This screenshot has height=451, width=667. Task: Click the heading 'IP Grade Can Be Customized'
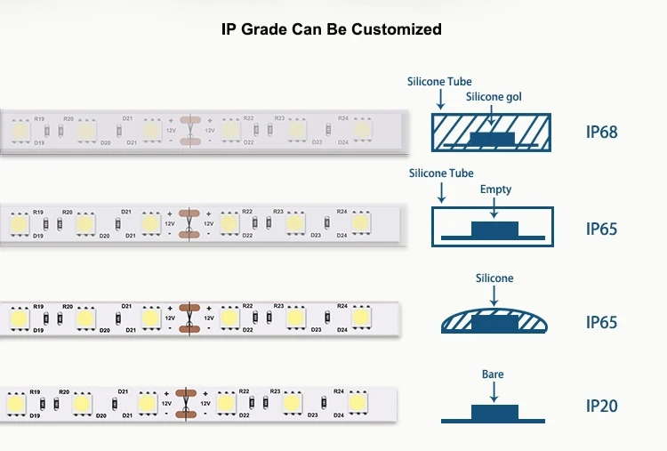[332, 29]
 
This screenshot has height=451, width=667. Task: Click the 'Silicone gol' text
[494, 96]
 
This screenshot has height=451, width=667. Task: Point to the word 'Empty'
[495, 189]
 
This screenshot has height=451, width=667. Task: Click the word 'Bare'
[493, 374]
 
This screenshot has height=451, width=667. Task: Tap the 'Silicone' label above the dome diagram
[494, 278]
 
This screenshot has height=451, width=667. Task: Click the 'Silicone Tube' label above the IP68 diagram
[439, 82]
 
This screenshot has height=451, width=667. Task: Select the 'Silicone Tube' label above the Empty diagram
[441, 173]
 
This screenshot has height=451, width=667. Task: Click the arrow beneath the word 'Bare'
[493, 391]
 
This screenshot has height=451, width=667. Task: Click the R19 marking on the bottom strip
[35, 392]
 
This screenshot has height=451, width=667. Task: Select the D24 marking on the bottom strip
[338, 415]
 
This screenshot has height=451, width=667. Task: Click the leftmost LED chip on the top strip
[19, 130]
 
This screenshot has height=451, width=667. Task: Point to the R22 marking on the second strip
[247, 211]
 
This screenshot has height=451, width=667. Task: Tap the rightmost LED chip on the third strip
[360, 317]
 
